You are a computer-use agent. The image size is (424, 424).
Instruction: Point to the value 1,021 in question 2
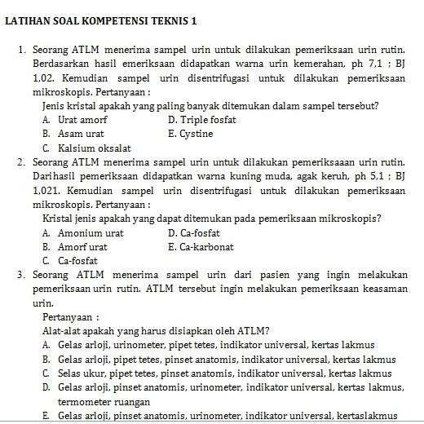[x=47, y=190]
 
